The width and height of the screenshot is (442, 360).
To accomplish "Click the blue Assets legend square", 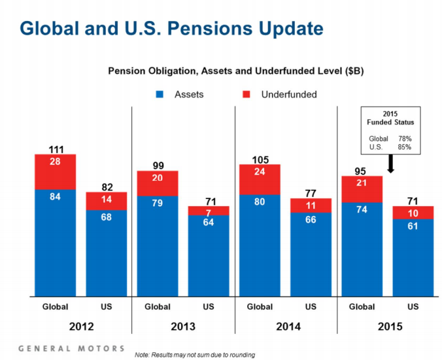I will pyautogui.click(x=158, y=94).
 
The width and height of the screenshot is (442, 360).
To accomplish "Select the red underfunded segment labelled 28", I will pyautogui.click(x=56, y=171).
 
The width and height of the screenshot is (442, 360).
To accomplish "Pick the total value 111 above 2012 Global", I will pyautogui.click(x=56, y=150).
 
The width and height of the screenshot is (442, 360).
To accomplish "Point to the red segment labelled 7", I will pyautogui.click(x=209, y=211).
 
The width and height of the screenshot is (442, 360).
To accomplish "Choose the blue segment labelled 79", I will pyautogui.click(x=158, y=245).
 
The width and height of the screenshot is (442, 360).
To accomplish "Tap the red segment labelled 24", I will pyautogui.click(x=260, y=179).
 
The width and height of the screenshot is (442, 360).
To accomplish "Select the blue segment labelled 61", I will pyautogui.click(x=413, y=257).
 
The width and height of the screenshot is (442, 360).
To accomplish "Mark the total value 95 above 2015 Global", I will pyautogui.click(x=362, y=170).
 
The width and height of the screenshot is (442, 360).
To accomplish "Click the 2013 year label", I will pyautogui.click(x=183, y=327).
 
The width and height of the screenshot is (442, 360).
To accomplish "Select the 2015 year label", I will pyautogui.click(x=387, y=327).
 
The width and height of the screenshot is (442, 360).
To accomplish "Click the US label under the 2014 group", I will pyautogui.click(x=311, y=306).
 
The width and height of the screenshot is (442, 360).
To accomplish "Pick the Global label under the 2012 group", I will pyautogui.click(x=56, y=306).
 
